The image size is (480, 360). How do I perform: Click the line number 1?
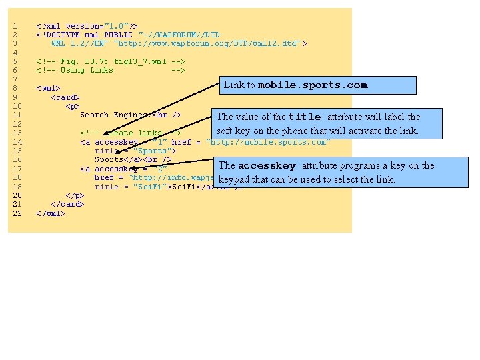point(15,26)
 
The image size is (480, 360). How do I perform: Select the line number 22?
point(17,214)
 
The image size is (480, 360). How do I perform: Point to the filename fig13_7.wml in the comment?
point(141,62)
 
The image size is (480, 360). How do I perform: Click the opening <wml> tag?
point(48,88)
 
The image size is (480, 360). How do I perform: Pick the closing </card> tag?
point(67,205)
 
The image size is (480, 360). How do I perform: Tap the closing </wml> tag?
point(51,214)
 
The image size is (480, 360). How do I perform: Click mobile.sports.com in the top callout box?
point(313,85)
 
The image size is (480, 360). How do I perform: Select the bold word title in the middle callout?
point(304,117)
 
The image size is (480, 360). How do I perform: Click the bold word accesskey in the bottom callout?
point(267,166)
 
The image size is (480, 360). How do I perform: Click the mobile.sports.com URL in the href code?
point(269,142)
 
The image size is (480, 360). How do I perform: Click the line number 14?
point(17,142)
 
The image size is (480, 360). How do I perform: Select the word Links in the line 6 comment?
point(101,71)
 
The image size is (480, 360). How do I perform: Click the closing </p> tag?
point(75,196)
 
